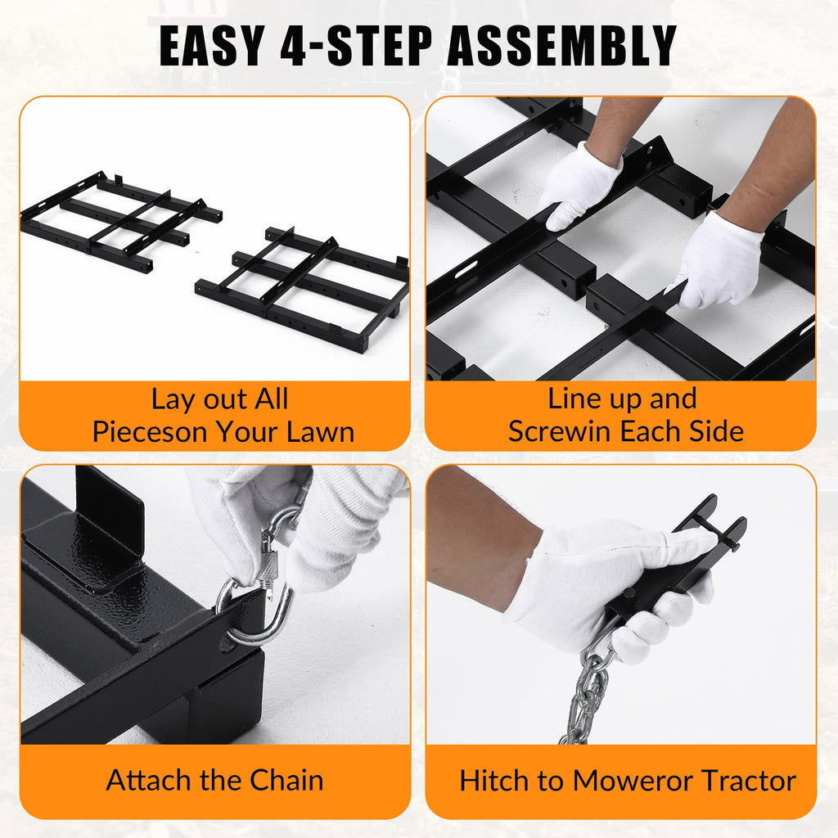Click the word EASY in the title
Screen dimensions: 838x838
pyautogui.click(x=212, y=46)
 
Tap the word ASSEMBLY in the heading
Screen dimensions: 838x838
pyautogui.click(x=562, y=46)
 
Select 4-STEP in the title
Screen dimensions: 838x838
pyautogui.click(x=356, y=46)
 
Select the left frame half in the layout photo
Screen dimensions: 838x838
pyautogui.click(x=121, y=220)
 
